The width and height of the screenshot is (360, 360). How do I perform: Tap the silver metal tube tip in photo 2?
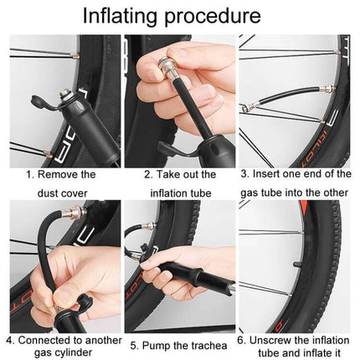177,52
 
